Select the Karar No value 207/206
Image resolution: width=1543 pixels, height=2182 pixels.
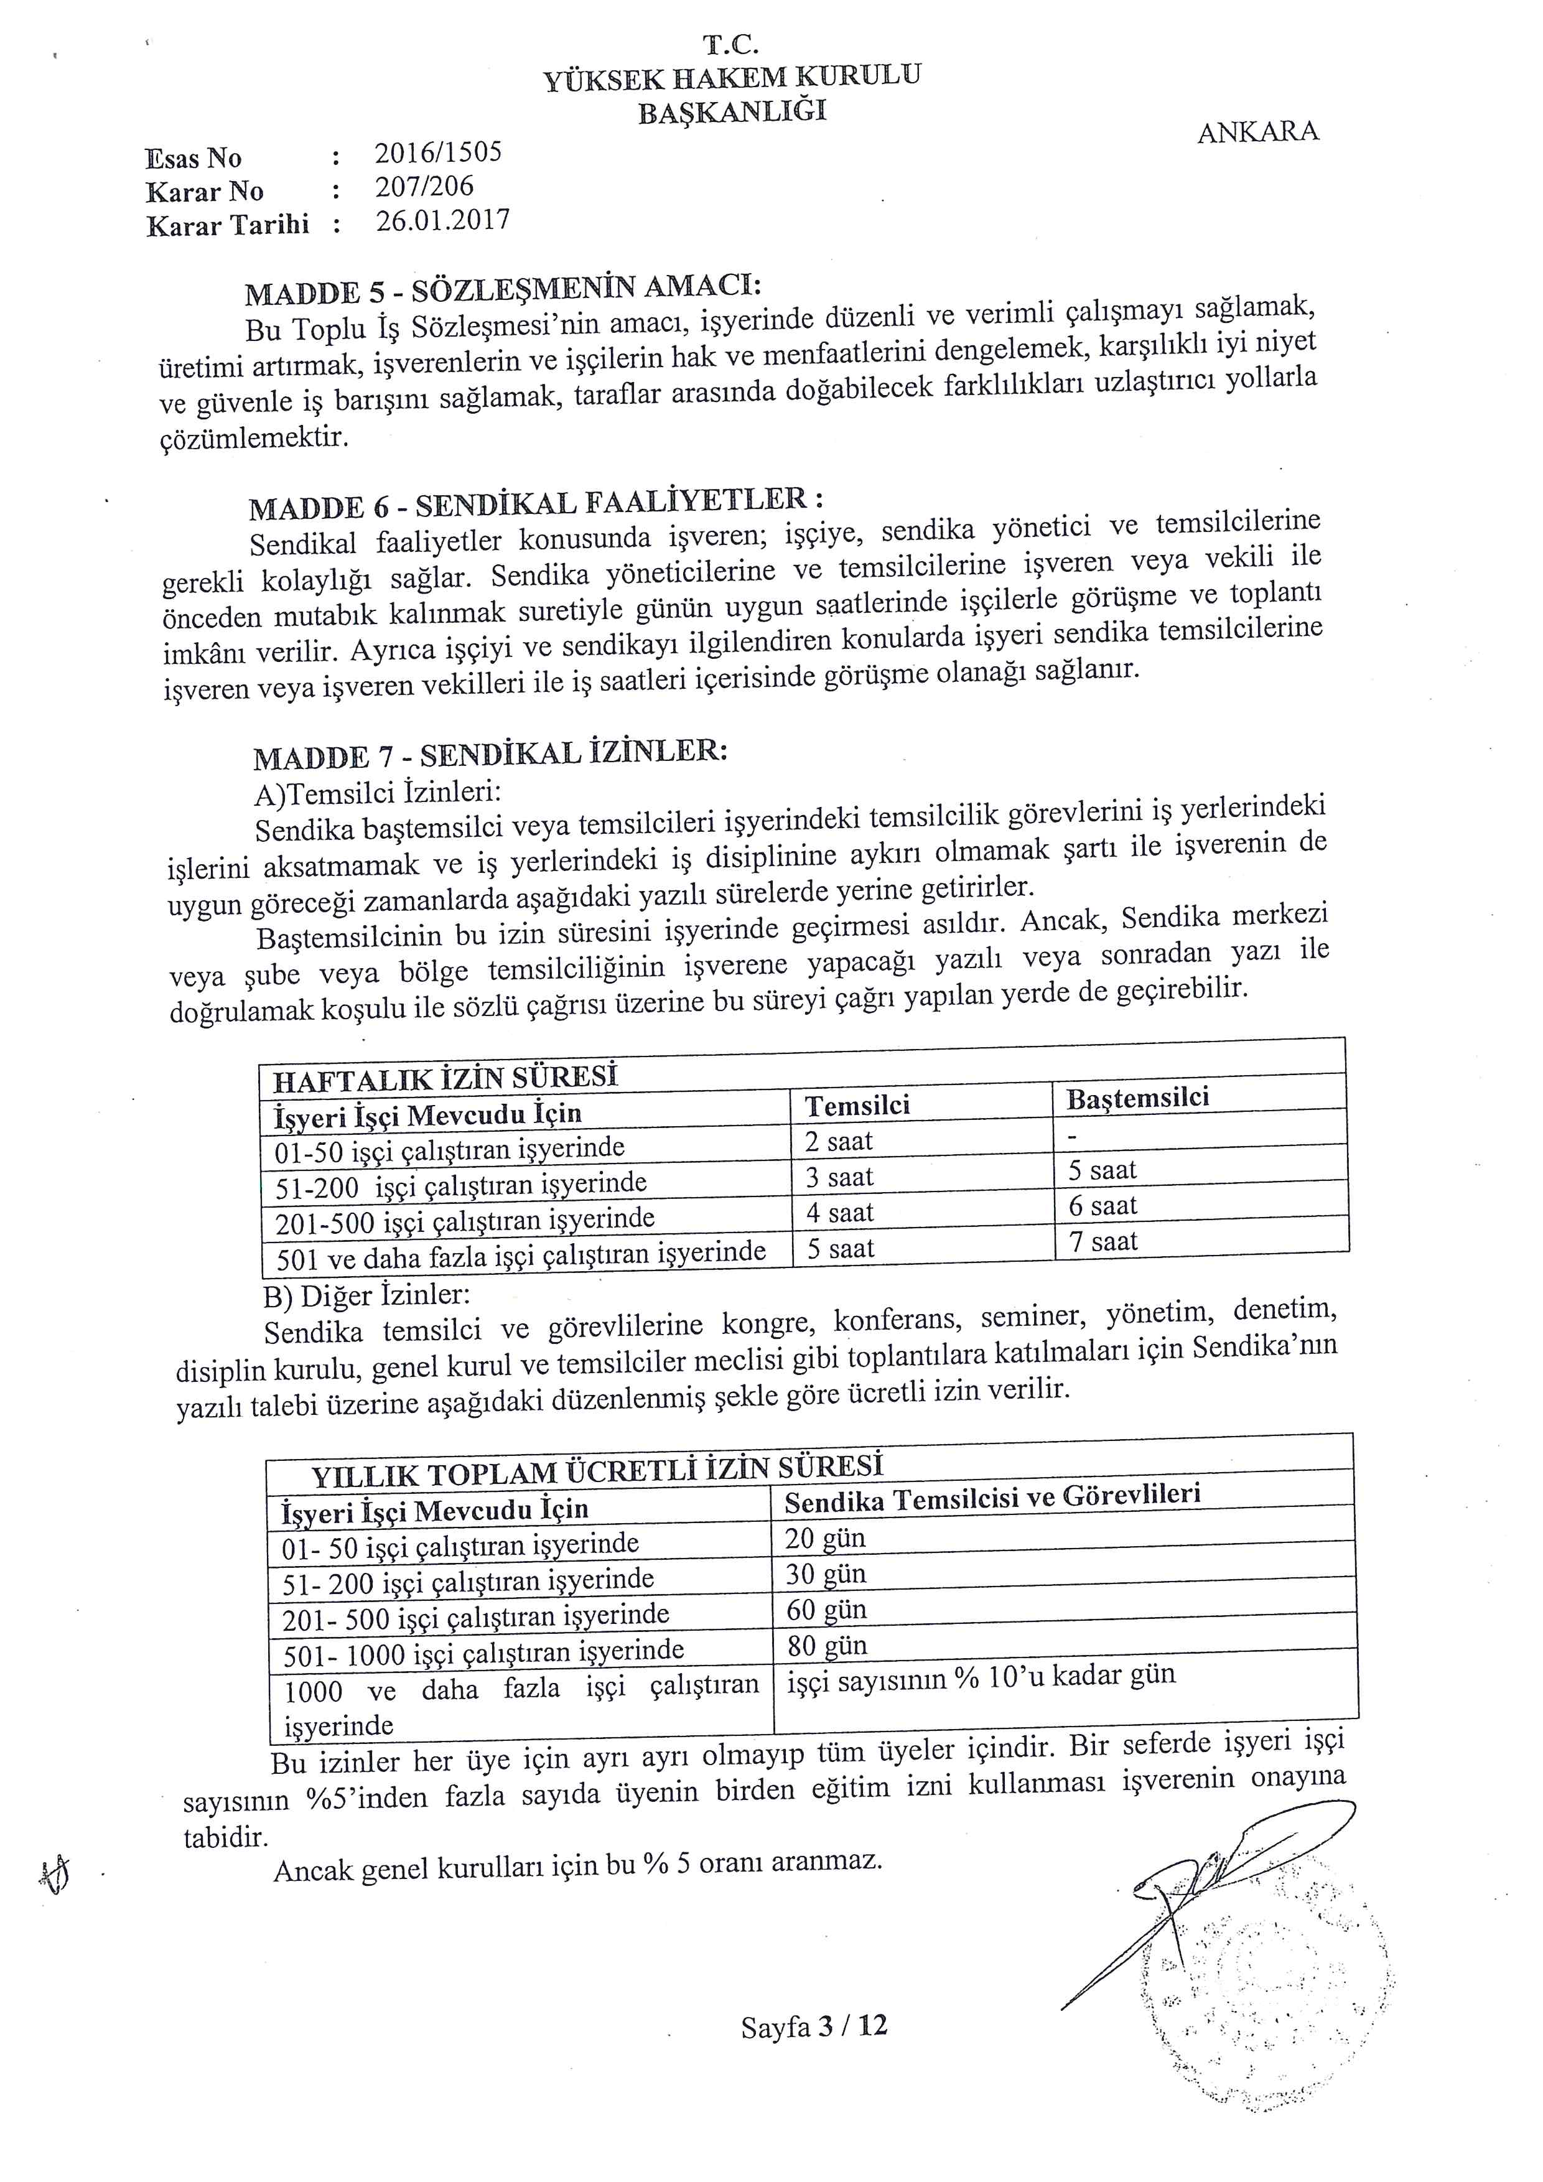pyautogui.click(x=424, y=187)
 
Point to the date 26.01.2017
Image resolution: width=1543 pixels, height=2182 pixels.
pyautogui.click(x=443, y=221)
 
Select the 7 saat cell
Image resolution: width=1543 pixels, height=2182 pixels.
pyautogui.click(x=1103, y=1242)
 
